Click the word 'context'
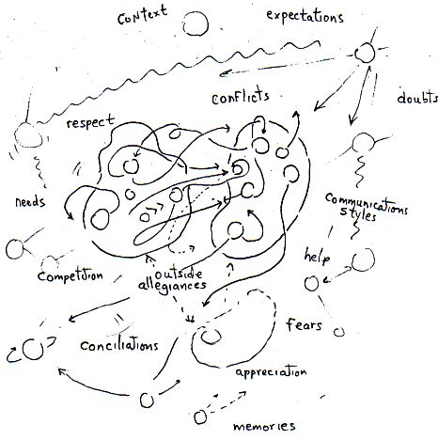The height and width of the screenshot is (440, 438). tap(143, 15)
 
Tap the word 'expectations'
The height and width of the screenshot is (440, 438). tap(305, 16)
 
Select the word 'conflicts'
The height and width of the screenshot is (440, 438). tap(241, 98)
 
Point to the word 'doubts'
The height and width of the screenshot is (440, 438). tap(417, 98)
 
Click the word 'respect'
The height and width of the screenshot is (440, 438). tap(90, 121)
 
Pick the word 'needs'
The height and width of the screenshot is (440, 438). tap(30, 201)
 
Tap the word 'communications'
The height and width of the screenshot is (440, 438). tap(367, 203)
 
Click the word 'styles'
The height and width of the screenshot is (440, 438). tap(358, 214)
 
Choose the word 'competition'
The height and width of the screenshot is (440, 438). tap(70, 275)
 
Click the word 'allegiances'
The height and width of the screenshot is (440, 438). tap(172, 286)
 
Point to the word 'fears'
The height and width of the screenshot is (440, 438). tap(304, 324)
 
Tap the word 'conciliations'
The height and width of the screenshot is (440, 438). tap(119, 345)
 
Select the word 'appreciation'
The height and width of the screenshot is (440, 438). tap(271, 372)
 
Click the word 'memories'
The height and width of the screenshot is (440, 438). tap(264, 426)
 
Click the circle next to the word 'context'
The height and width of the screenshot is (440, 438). tap(196, 24)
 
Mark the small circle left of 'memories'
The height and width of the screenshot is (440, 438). tap(200, 416)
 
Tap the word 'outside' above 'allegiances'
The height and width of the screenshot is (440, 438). tap(179, 274)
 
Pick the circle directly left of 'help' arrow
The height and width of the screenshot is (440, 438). tap(311, 283)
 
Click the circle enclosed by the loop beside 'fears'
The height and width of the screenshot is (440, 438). tap(211, 337)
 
